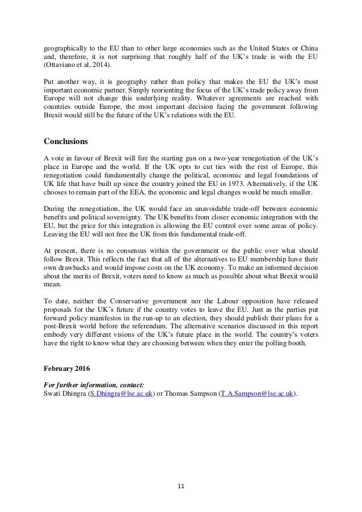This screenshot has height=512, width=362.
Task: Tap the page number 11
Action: coord(180,486)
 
